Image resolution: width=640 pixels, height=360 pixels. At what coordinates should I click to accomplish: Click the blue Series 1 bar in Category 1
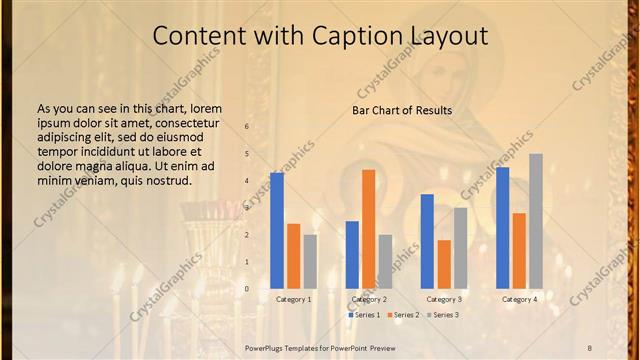click(x=277, y=231)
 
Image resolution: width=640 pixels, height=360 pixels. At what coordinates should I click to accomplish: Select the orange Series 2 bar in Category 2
click(x=369, y=229)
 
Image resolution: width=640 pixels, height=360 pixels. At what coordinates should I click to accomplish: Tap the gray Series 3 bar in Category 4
click(x=536, y=221)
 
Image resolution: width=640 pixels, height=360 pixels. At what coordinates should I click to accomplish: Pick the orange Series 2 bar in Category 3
click(x=444, y=264)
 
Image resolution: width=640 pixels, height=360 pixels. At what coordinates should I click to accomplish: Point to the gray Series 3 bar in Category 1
click(x=310, y=262)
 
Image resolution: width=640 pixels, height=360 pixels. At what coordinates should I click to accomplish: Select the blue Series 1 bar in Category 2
click(x=352, y=255)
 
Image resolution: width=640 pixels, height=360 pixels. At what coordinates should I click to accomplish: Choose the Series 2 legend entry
click(x=404, y=315)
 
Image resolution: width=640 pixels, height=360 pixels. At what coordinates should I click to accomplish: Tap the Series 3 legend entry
click(x=443, y=315)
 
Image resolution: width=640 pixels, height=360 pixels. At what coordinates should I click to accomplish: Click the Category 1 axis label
click(x=293, y=299)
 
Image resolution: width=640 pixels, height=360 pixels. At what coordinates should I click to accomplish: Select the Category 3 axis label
click(x=444, y=299)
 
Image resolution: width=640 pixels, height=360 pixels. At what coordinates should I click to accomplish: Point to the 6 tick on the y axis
click(x=246, y=127)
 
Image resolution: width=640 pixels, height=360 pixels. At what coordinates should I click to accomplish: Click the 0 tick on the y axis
click(x=246, y=289)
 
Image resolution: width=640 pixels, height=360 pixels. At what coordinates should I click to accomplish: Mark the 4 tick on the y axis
click(x=246, y=181)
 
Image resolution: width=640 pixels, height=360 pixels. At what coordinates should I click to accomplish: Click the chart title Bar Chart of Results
click(x=402, y=110)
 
